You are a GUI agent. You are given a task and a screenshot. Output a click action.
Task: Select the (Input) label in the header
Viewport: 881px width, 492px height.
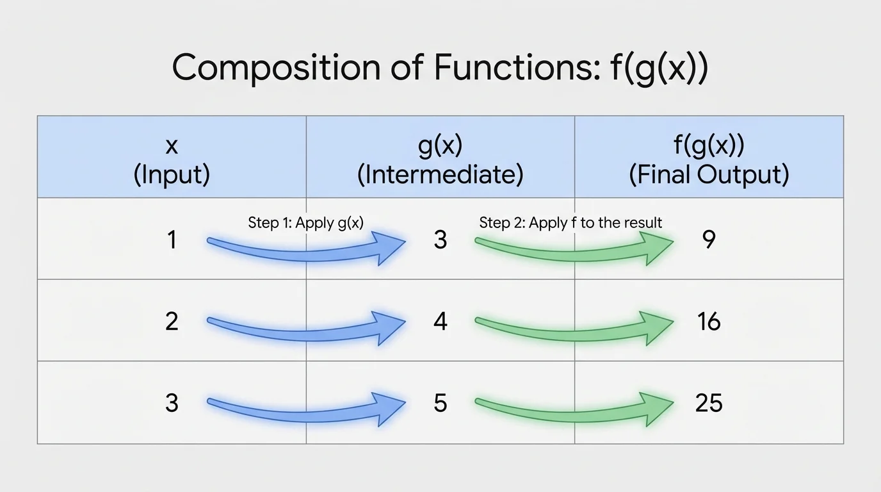[172, 175]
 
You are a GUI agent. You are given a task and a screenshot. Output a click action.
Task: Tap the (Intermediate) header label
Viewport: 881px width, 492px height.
[440, 175]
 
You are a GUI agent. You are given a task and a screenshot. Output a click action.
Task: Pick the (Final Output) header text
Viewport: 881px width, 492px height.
[709, 175]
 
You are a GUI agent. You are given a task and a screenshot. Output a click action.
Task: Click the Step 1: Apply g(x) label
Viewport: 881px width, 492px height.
[306, 223]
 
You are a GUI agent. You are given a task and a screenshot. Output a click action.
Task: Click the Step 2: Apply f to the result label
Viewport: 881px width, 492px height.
[570, 223]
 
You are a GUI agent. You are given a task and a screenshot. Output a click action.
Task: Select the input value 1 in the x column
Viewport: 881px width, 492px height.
[172, 240]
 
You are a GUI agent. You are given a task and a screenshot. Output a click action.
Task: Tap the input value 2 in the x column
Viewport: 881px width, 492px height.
[172, 321]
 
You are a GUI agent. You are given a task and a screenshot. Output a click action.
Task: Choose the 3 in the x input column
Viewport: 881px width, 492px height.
[172, 403]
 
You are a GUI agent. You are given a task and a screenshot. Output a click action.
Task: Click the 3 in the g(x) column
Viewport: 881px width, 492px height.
[440, 240]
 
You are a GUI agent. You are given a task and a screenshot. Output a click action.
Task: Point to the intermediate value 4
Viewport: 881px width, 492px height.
[440, 321]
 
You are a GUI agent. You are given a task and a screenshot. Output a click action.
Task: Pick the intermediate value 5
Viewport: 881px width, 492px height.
[440, 403]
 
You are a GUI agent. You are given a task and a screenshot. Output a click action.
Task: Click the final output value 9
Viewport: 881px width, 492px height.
[709, 240]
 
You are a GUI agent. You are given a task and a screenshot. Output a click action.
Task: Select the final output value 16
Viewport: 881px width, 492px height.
[709, 321]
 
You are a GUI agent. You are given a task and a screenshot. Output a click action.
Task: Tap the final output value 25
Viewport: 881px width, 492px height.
[709, 403]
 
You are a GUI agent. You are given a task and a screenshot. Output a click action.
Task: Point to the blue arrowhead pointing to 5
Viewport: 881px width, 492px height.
[391, 406]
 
